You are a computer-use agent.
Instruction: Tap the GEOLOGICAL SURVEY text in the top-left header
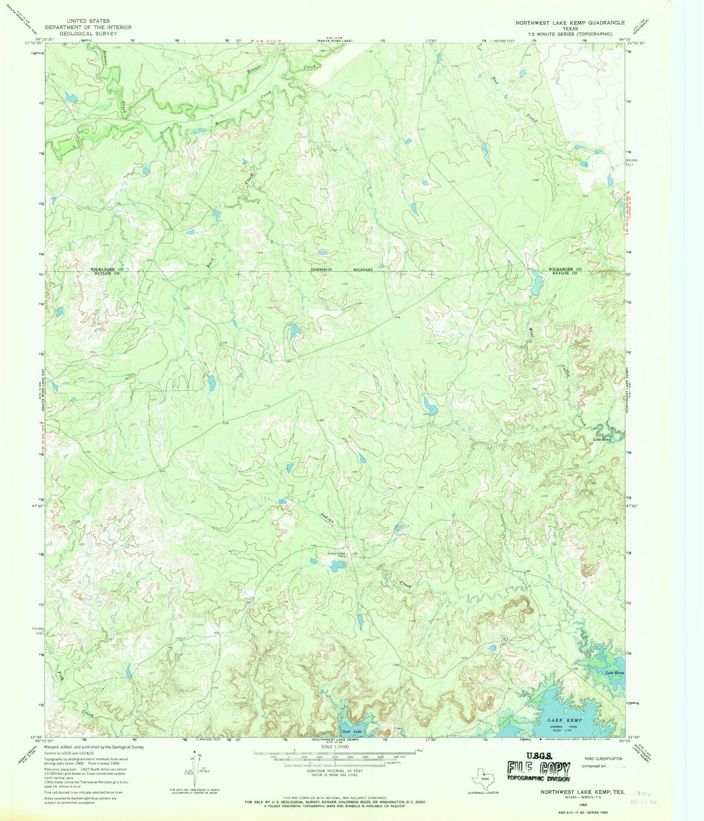[x=88, y=33]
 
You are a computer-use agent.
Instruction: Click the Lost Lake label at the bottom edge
[x=352, y=731]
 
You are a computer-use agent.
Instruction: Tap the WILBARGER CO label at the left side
[x=106, y=269]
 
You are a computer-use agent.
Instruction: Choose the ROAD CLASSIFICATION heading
[x=603, y=759]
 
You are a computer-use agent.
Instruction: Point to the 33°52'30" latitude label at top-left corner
[x=33, y=43]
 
